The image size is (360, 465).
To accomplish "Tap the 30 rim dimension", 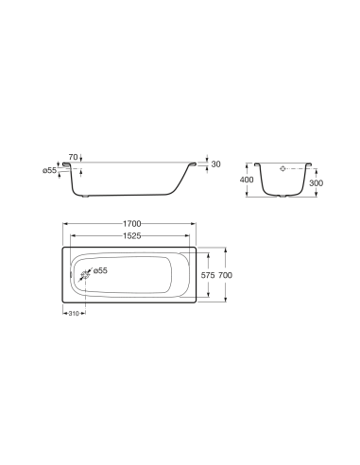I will tap(215, 164).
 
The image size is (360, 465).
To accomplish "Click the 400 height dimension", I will tap(247, 180).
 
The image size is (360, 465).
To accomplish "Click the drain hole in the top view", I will tap(84, 274).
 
